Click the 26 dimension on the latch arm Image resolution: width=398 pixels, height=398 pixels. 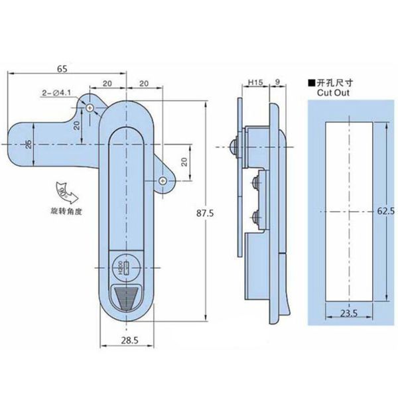pyautogui.click(x=28, y=145)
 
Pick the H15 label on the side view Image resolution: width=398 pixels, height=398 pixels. pyautogui.click(x=255, y=84)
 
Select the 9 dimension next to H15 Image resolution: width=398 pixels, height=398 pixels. pyautogui.click(x=275, y=84)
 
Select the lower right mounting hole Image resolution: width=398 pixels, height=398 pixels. pyautogui.click(x=164, y=181)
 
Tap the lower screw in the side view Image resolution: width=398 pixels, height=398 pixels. pyautogui.click(x=254, y=214)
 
